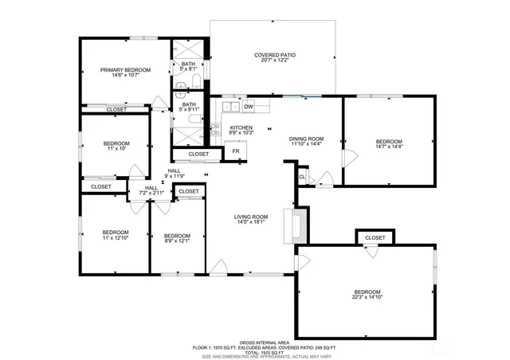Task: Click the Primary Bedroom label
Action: (125, 71)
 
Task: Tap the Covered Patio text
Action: (275, 55)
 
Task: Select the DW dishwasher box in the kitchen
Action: (249, 107)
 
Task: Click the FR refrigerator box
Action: (235, 151)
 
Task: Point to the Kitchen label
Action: (241, 127)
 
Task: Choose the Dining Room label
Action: (305, 139)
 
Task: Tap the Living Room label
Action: (250, 217)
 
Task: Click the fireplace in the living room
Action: (299, 225)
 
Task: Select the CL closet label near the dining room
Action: (302, 176)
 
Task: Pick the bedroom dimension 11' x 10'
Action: (116, 149)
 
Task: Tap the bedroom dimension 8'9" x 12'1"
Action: (176, 241)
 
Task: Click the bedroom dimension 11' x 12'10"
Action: (116, 237)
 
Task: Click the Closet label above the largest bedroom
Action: (375, 238)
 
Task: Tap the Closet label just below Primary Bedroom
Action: (116, 109)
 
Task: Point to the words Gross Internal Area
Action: (254, 340)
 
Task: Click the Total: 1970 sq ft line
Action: (254, 350)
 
